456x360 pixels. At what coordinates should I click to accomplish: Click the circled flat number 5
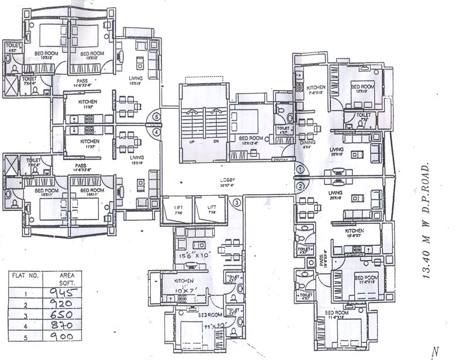(156, 116)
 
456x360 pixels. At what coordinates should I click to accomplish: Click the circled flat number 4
(156, 132)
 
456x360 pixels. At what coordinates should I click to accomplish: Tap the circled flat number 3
(237, 203)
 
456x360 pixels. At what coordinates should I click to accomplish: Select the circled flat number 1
(300, 169)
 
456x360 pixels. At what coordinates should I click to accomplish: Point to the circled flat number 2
(300, 186)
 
